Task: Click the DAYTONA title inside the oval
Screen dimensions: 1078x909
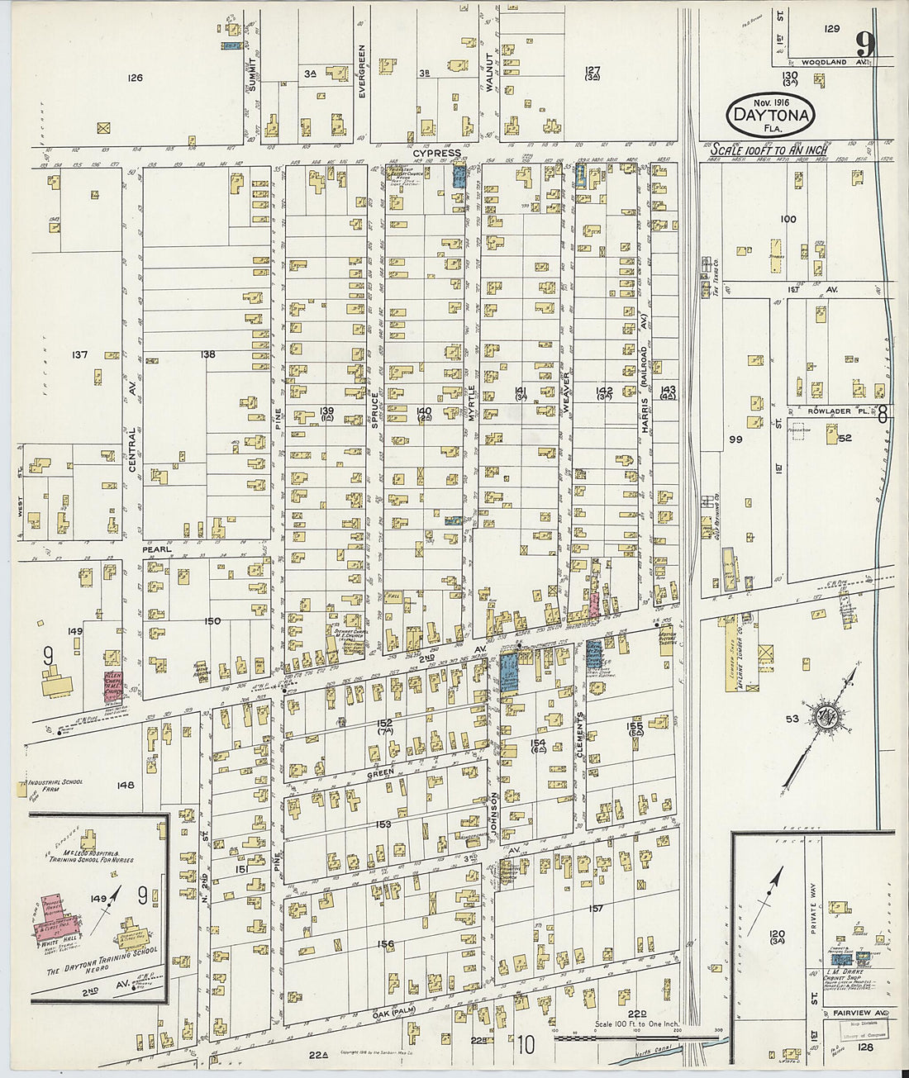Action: [x=769, y=116]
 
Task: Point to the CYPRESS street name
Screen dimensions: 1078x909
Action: [x=438, y=154]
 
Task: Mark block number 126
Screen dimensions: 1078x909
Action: [x=135, y=78]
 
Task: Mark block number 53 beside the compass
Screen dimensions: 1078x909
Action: [x=792, y=719]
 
